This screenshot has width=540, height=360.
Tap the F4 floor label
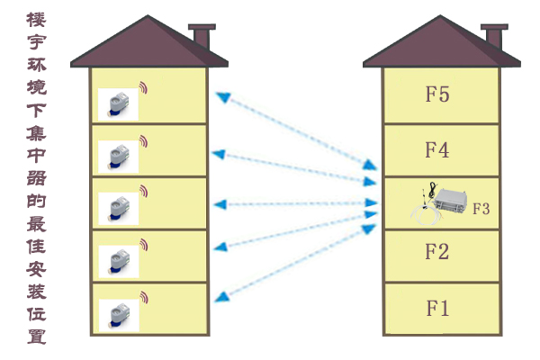coord(436,149)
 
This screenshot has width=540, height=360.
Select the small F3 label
coord(481,209)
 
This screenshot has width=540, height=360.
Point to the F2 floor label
coord(436,251)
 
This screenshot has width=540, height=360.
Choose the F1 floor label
coord(436,308)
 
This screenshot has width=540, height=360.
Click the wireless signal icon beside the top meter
coord(143,88)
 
